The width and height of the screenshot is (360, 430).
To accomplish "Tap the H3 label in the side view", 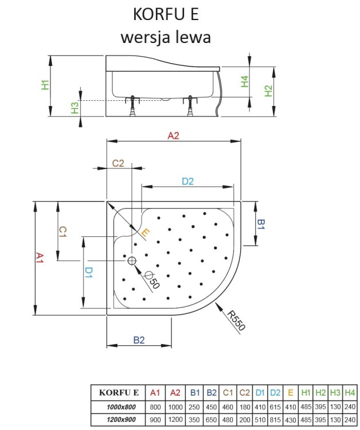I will pyautogui.click(x=75, y=108).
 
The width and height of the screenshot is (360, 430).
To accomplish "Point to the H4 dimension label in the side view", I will pyautogui.click(x=245, y=81).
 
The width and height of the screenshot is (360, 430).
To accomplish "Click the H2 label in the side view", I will pyautogui.click(x=268, y=90).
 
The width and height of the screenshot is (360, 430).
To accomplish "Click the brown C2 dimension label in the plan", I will pyautogui.click(x=118, y=163).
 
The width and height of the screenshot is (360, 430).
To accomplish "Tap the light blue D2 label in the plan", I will pyautogui.click(x=187, y=181).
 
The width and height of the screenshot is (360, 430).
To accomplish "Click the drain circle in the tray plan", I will pyautogui.click(x=132, y=261).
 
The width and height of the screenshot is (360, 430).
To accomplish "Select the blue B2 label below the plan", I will pyautogui.click(x=139, y=340).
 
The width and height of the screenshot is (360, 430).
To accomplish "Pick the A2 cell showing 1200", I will pyautogui.click(x=176, y=420).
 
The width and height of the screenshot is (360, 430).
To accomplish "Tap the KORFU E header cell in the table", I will pyautogui.click(x=119, y=393).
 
